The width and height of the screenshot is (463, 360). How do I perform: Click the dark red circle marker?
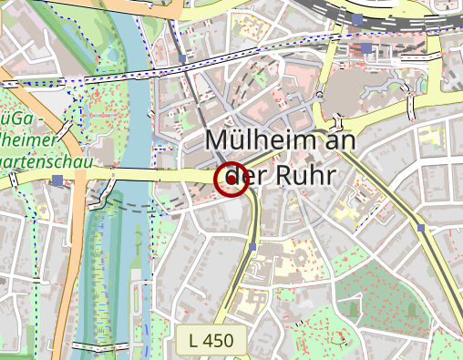(231, 180)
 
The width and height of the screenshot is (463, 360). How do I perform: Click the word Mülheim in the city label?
(260, 140)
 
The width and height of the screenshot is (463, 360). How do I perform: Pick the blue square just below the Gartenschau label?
(58, 180)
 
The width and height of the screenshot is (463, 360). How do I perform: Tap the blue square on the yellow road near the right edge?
(421, 227)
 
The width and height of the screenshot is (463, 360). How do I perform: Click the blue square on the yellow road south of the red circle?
(252, 246)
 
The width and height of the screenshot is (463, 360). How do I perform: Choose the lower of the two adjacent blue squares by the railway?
(366, 48)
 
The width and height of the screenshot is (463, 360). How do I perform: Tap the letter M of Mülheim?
(218, 140)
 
